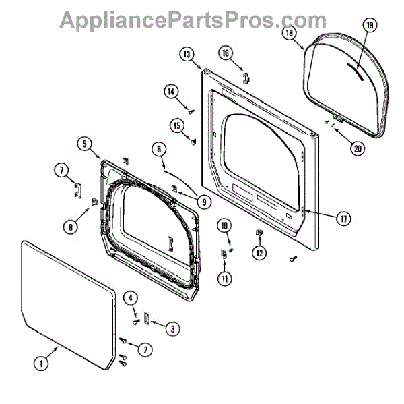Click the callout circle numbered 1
coord(41,364)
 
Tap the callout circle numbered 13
coord(187,54)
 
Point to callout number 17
coord(344,217)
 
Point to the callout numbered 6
coord(159,150)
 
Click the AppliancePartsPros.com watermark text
coord(202,20)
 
